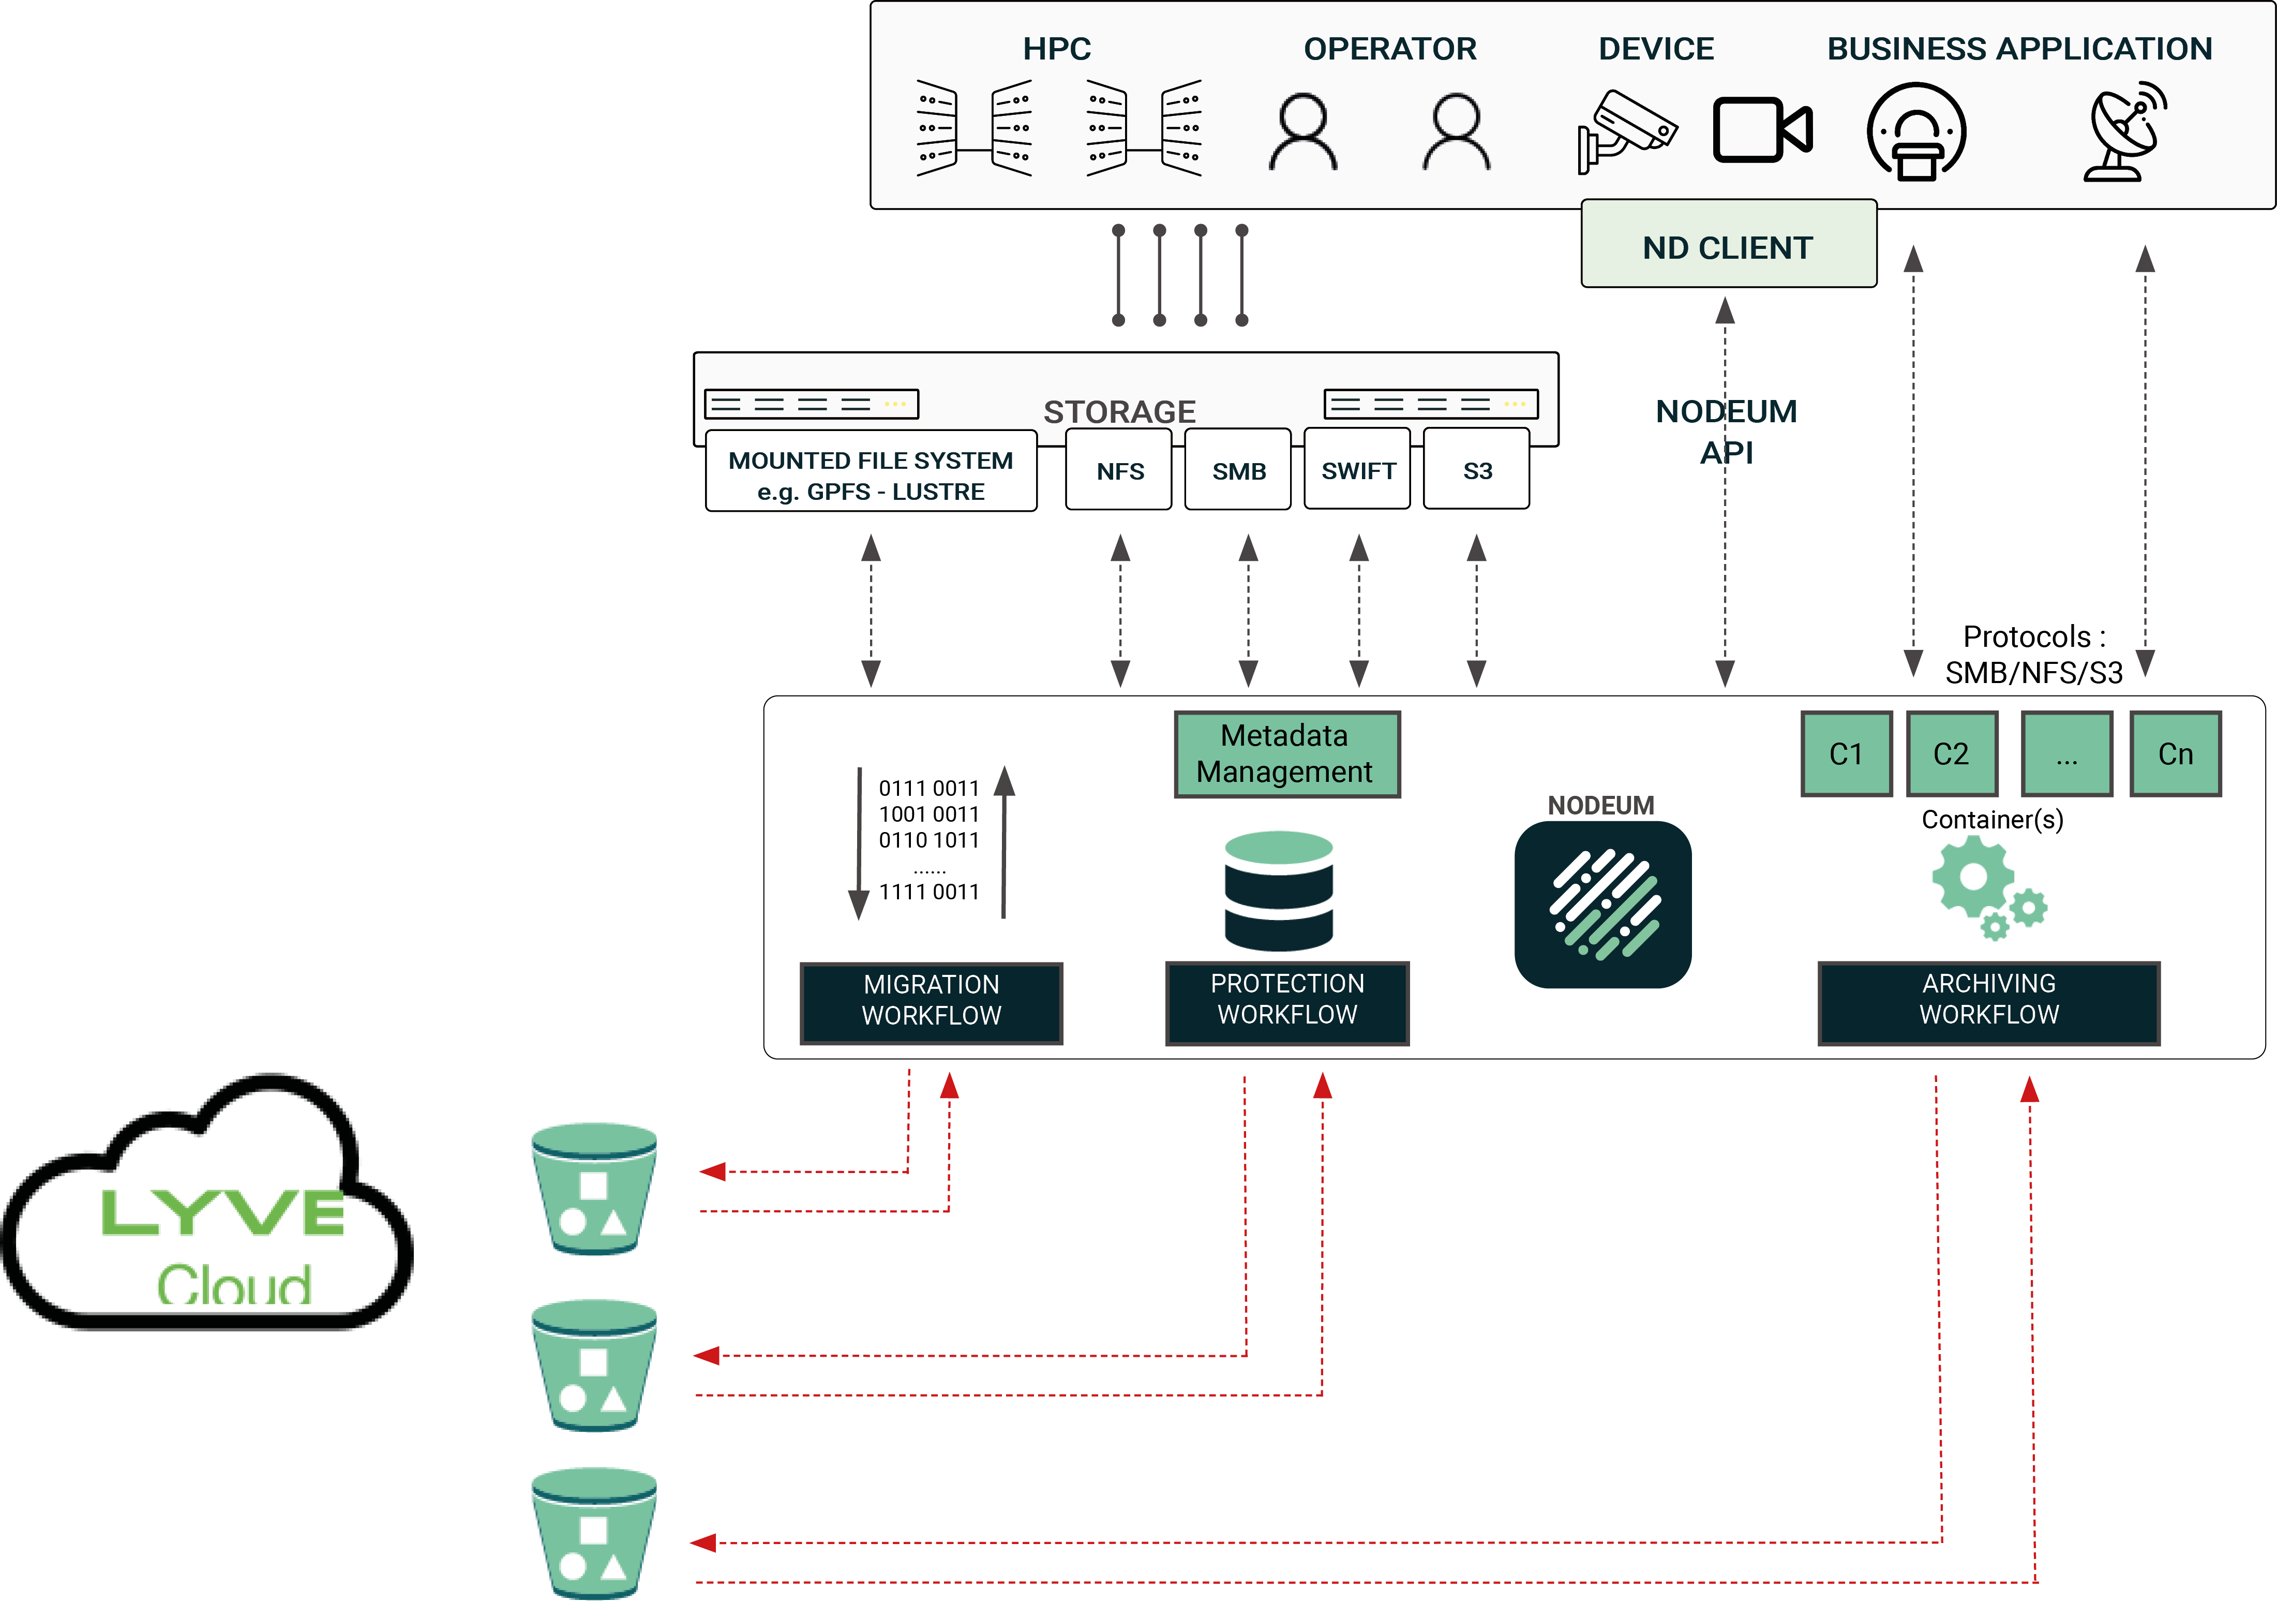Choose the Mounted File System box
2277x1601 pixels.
point(871,474)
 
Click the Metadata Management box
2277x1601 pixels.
point(1286,754)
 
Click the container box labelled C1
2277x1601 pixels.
point(1846,754)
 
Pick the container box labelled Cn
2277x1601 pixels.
point(2175,754)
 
